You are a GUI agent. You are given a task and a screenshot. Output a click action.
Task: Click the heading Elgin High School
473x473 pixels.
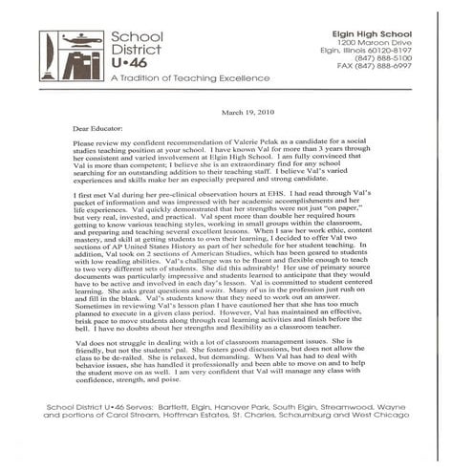(359, 32)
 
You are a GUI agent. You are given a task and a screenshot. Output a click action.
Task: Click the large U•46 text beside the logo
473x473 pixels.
(128, 59)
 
